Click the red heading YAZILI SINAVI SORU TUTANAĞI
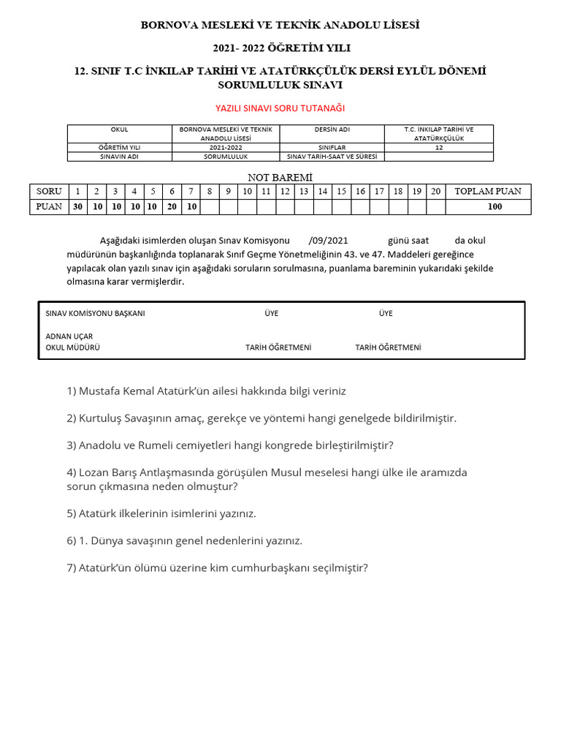pos(280,108)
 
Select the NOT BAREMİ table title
pos(280,178)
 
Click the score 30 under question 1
pos(77,206)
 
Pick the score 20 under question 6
pos(172,206)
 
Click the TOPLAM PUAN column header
pos(488,191)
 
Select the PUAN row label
pos(49,206)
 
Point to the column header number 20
pos(435,191)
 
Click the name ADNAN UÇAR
pos(69,336)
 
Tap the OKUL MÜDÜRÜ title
pos(73,347)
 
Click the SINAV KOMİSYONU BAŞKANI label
pos(95,313)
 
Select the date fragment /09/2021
pos(329,241)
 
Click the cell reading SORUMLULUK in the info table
pos(226,157)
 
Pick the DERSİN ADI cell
pos(332,129)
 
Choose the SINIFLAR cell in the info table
pos(332,147)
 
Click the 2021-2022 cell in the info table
pos(226,147)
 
